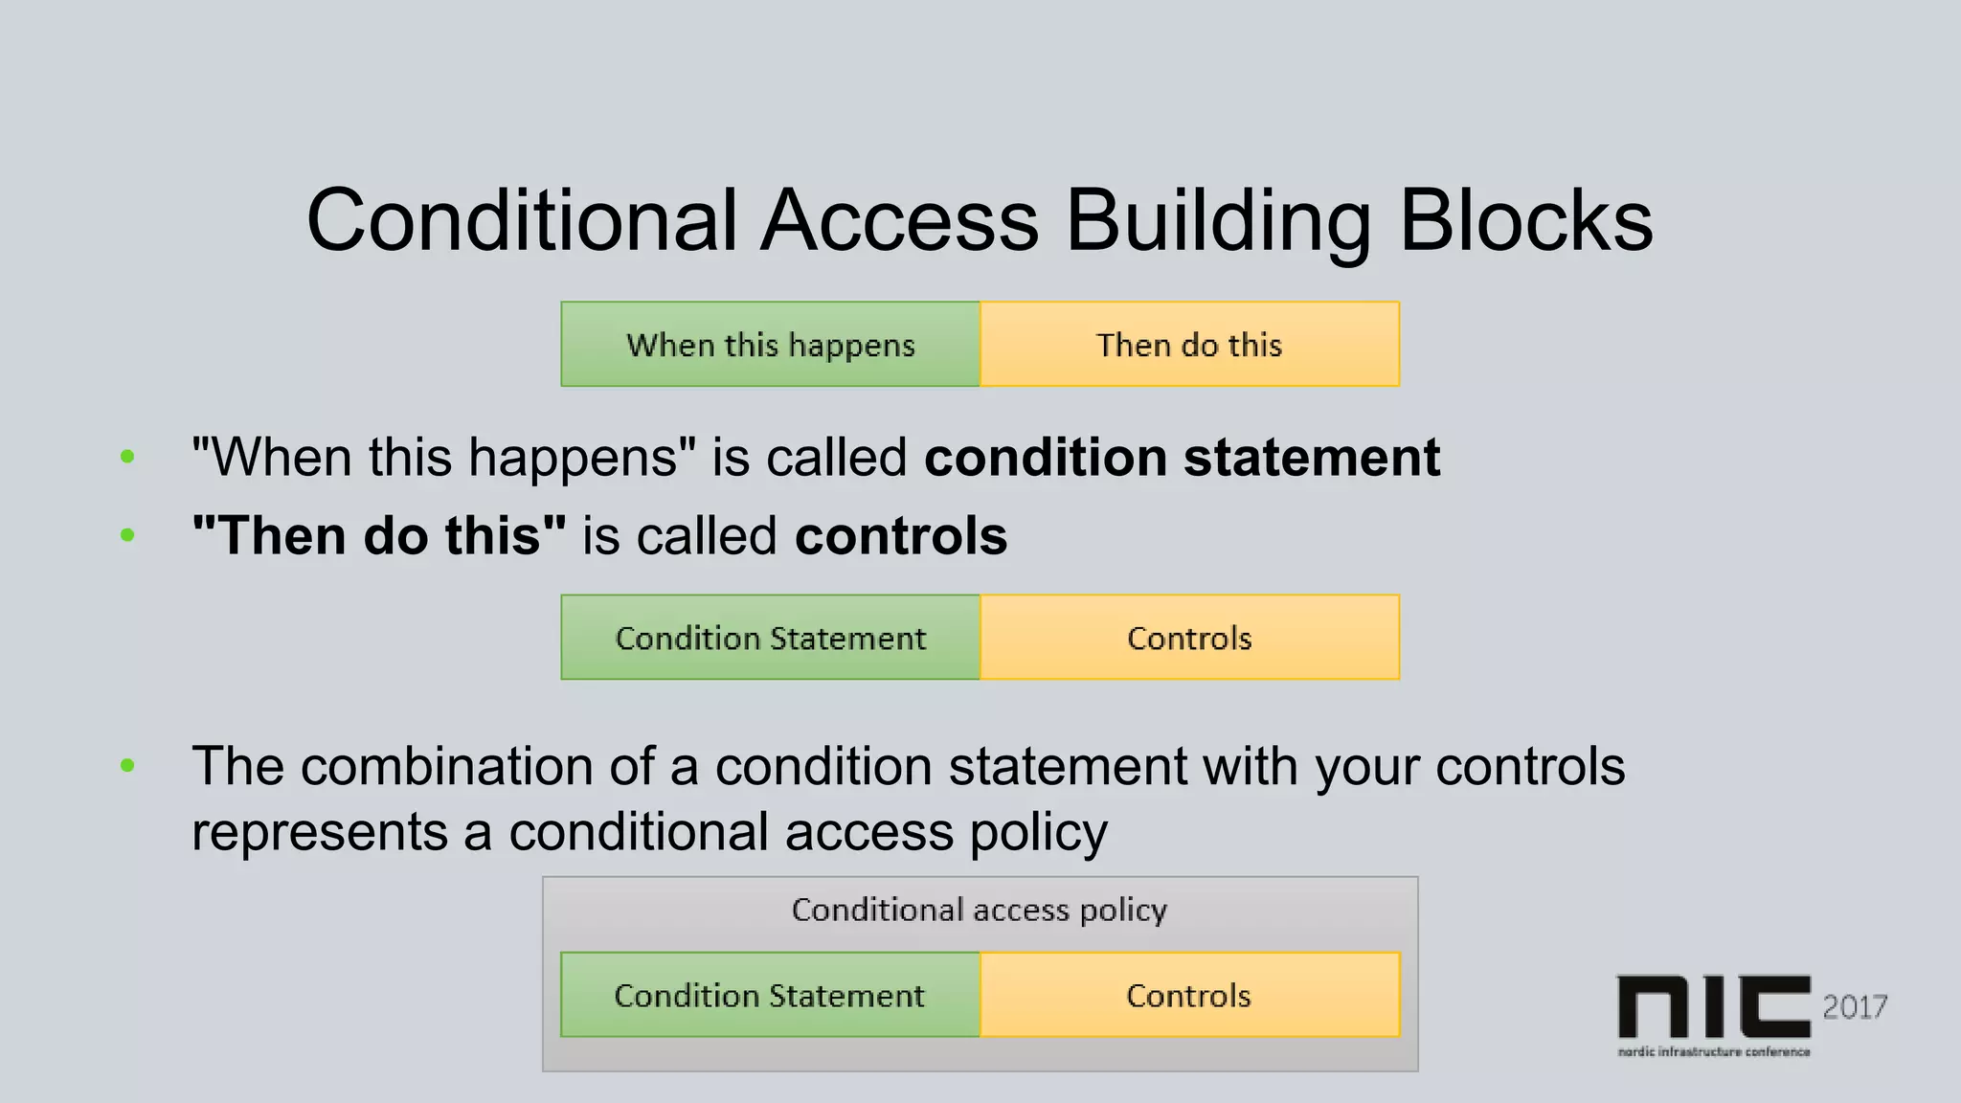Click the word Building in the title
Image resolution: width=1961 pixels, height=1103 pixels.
(x=1218, y=222)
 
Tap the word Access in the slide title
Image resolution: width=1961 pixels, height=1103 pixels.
(x=899, y=222)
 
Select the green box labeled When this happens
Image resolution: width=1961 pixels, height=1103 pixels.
(x=770, y=345)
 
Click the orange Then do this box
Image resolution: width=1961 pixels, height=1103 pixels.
(x=1189, y=345)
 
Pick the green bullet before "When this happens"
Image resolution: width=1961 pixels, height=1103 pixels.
(x=127, y=458)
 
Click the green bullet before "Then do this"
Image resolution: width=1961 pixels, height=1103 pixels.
(x=127, y=535)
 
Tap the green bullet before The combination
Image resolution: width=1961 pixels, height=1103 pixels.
(x=127, y=766)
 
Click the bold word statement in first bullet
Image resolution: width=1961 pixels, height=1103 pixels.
(x=1312, y=458)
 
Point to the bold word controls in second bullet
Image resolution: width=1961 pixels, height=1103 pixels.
(x=901, y=535)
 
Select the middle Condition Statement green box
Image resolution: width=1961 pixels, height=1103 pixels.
(x=770, y=638)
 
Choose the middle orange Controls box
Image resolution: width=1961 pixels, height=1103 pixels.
(x=1189, y=638)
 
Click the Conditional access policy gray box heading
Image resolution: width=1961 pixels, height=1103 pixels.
(x=979, y=910)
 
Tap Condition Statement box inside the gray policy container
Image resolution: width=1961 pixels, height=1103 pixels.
(x=770, y=996)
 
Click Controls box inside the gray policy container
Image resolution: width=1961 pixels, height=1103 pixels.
(x=1189, y=996)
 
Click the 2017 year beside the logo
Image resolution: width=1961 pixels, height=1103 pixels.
(x=1855, y=1007)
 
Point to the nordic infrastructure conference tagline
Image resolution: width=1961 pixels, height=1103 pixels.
(x=1714, y=1051)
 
